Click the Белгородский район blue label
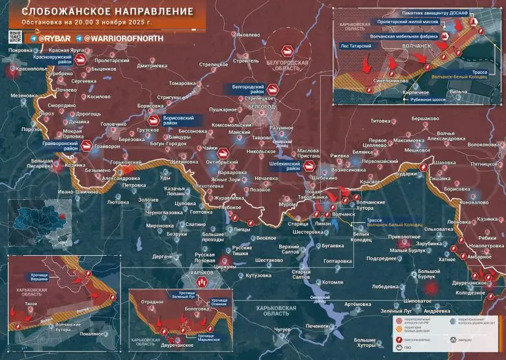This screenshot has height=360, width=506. (248, 90)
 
